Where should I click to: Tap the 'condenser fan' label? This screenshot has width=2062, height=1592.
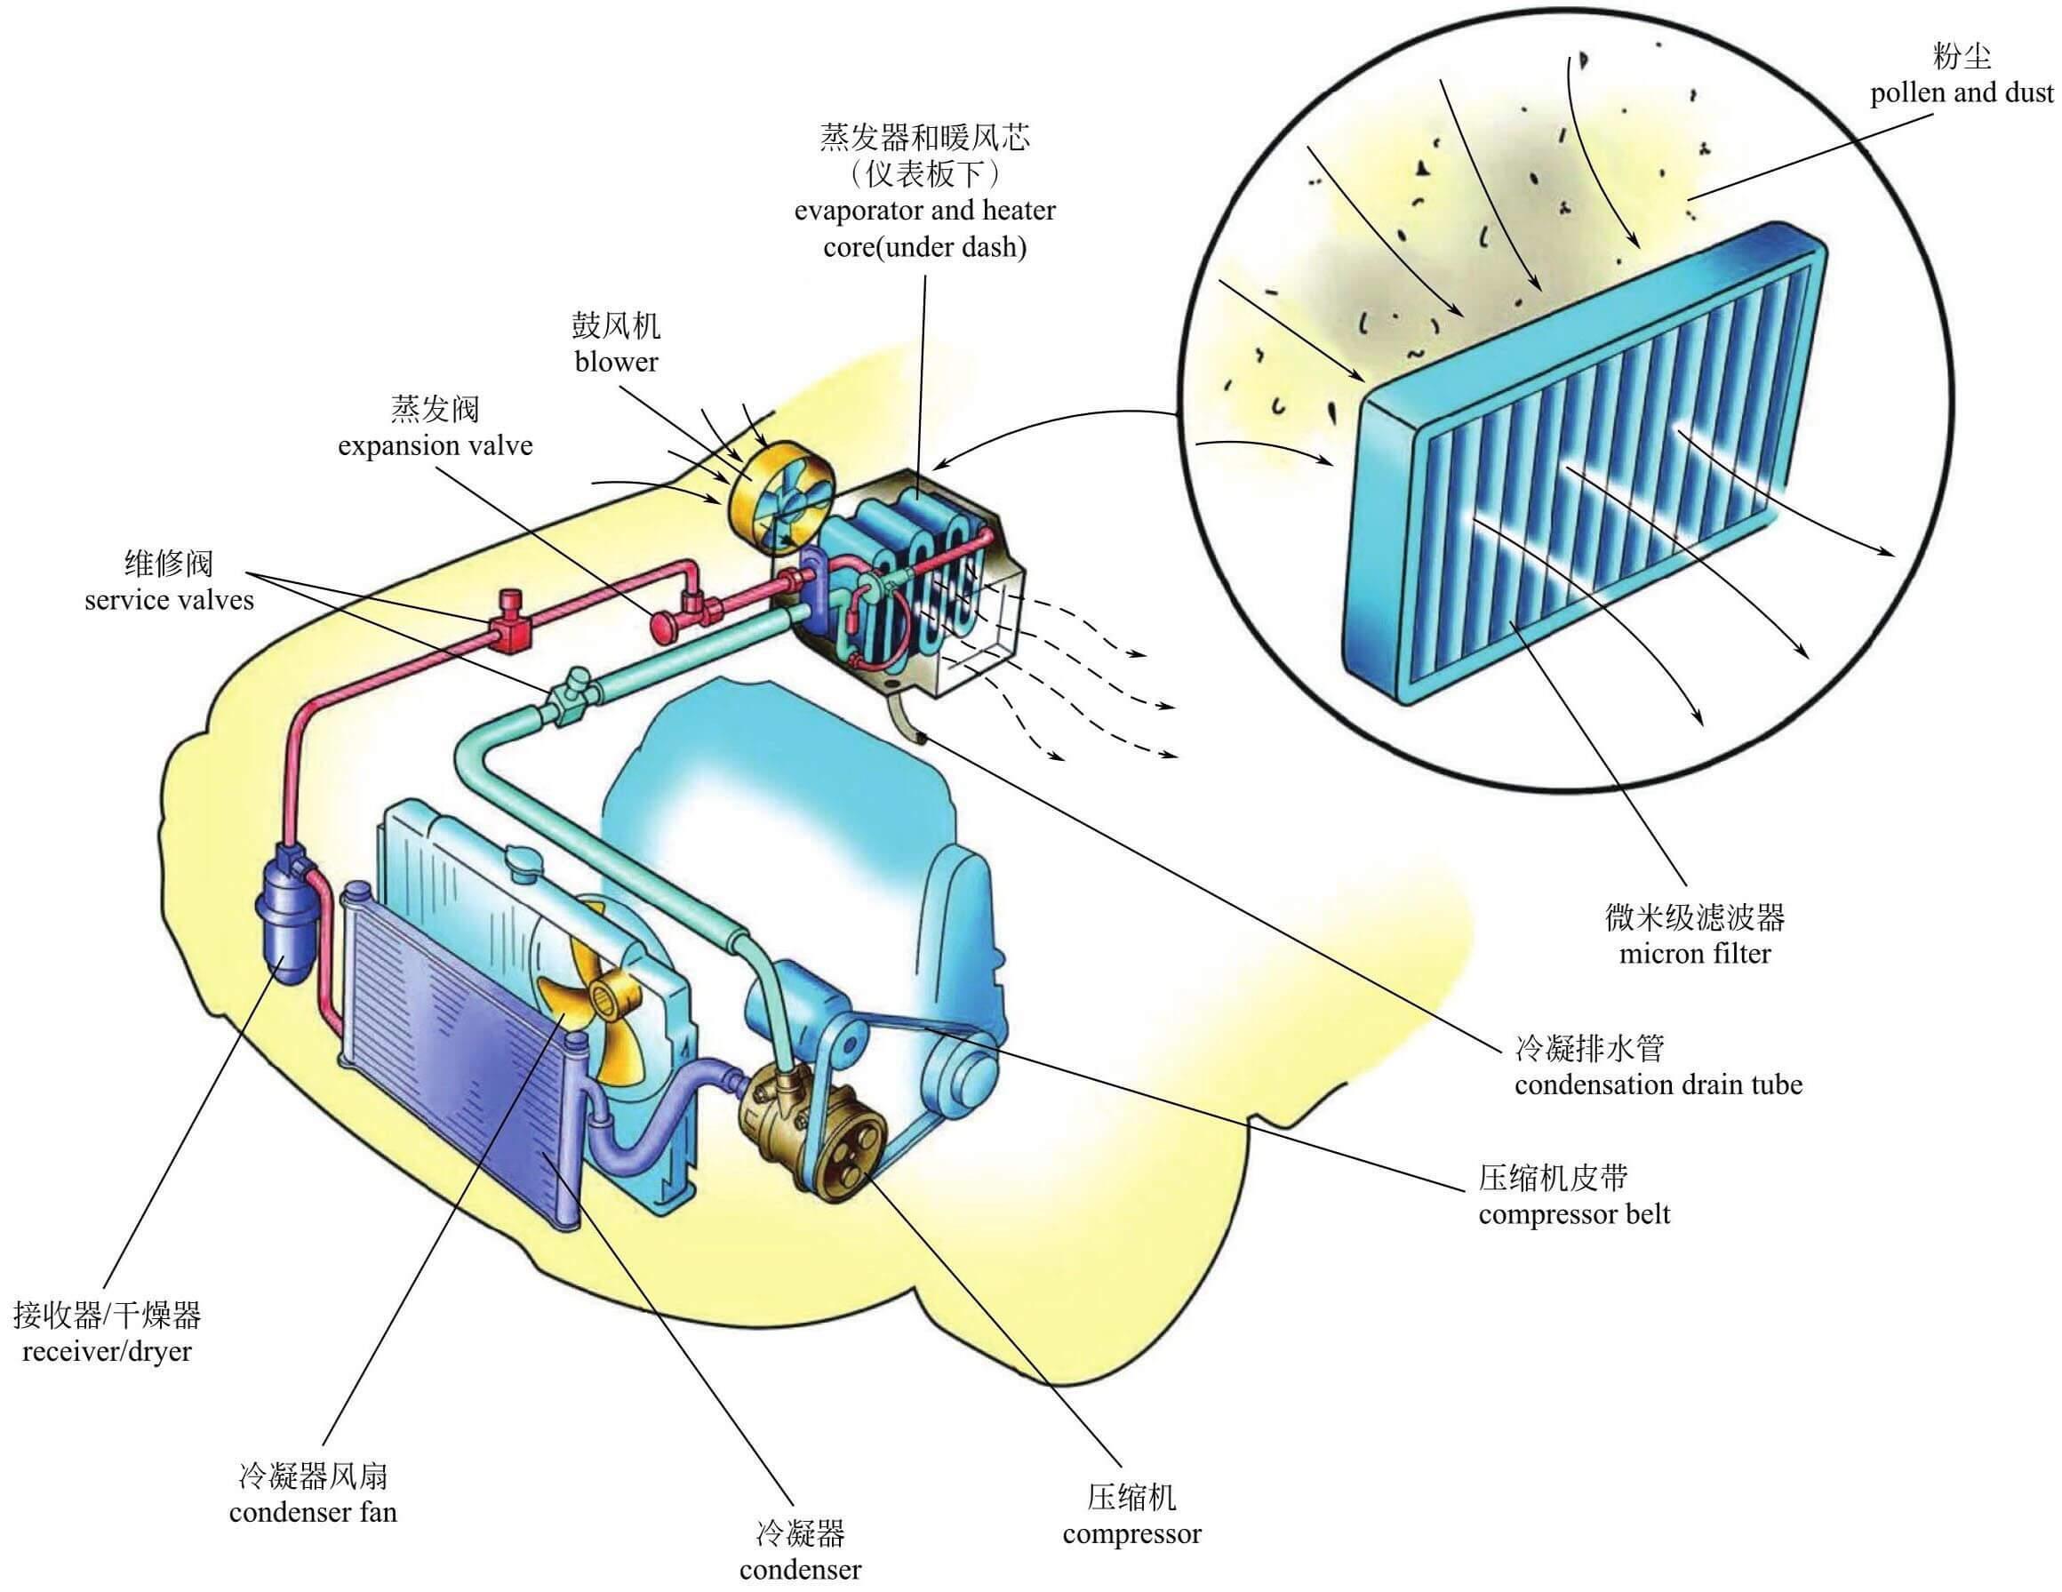pos(313,1512)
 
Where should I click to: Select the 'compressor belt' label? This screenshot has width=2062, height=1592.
pos(1574,1214)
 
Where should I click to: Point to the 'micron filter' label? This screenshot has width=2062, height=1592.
pos(1695,954)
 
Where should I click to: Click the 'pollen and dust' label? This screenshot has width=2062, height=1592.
pos(1962,93)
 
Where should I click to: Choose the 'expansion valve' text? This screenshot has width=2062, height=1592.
pos(436,445)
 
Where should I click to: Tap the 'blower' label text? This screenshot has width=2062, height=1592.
pos(617,362)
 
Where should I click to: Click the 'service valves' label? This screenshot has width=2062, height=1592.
pos(169,601)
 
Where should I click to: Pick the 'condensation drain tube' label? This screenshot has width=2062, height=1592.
pos(1658,1085)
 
